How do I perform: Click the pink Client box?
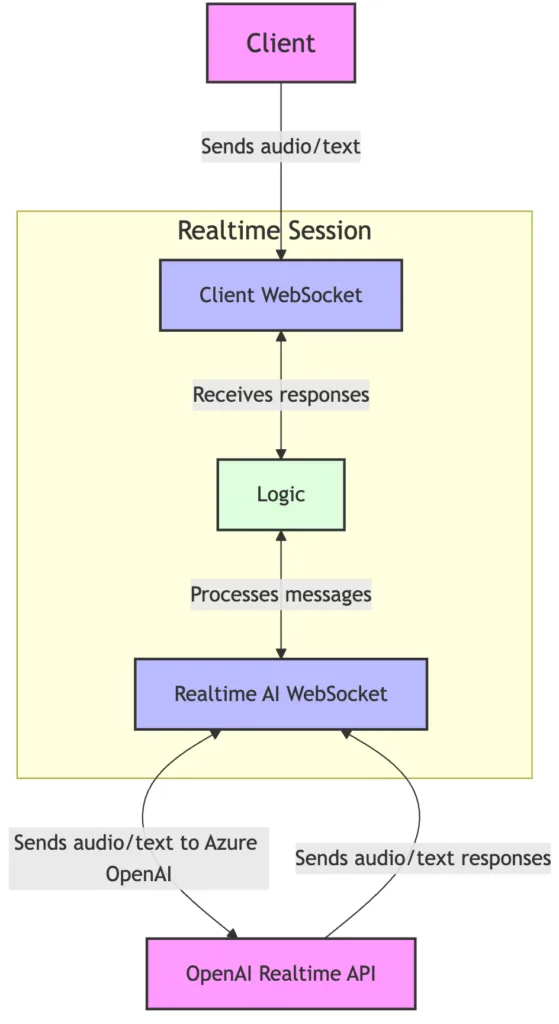280,43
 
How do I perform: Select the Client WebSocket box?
280,295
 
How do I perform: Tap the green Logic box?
280,494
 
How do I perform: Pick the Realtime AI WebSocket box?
280,693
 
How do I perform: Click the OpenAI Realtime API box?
280,973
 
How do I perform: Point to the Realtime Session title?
274,231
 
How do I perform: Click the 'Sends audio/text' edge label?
280,147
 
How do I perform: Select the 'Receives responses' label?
280,395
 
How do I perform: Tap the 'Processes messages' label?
280,594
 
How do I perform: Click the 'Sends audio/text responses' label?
423,857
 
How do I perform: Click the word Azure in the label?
230,843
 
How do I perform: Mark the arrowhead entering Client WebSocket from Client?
281,254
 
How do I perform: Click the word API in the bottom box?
360,973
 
